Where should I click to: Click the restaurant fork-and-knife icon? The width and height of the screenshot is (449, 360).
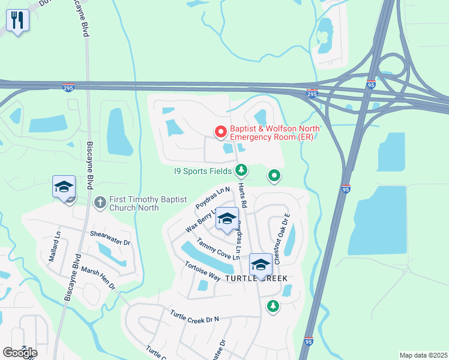[x=17, y=21]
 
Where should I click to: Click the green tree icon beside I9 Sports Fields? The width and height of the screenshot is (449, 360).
[x=241, y=172]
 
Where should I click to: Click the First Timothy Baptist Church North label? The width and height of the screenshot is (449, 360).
[x=134, y=203]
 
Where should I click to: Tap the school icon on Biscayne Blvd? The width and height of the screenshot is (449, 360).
[x=64, y=187]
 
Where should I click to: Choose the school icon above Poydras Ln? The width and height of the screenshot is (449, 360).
[x=227, y=219]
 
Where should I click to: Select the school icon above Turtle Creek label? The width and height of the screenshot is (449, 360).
[x=261, y=263]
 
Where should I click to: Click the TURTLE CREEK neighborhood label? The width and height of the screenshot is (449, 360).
[x=256, y=279]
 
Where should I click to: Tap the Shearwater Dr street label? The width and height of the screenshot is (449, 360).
[x=110, y=238]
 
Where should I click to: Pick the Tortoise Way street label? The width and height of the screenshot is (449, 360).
[x=202, y=271]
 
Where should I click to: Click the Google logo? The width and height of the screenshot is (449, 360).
[x=20, y=353]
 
